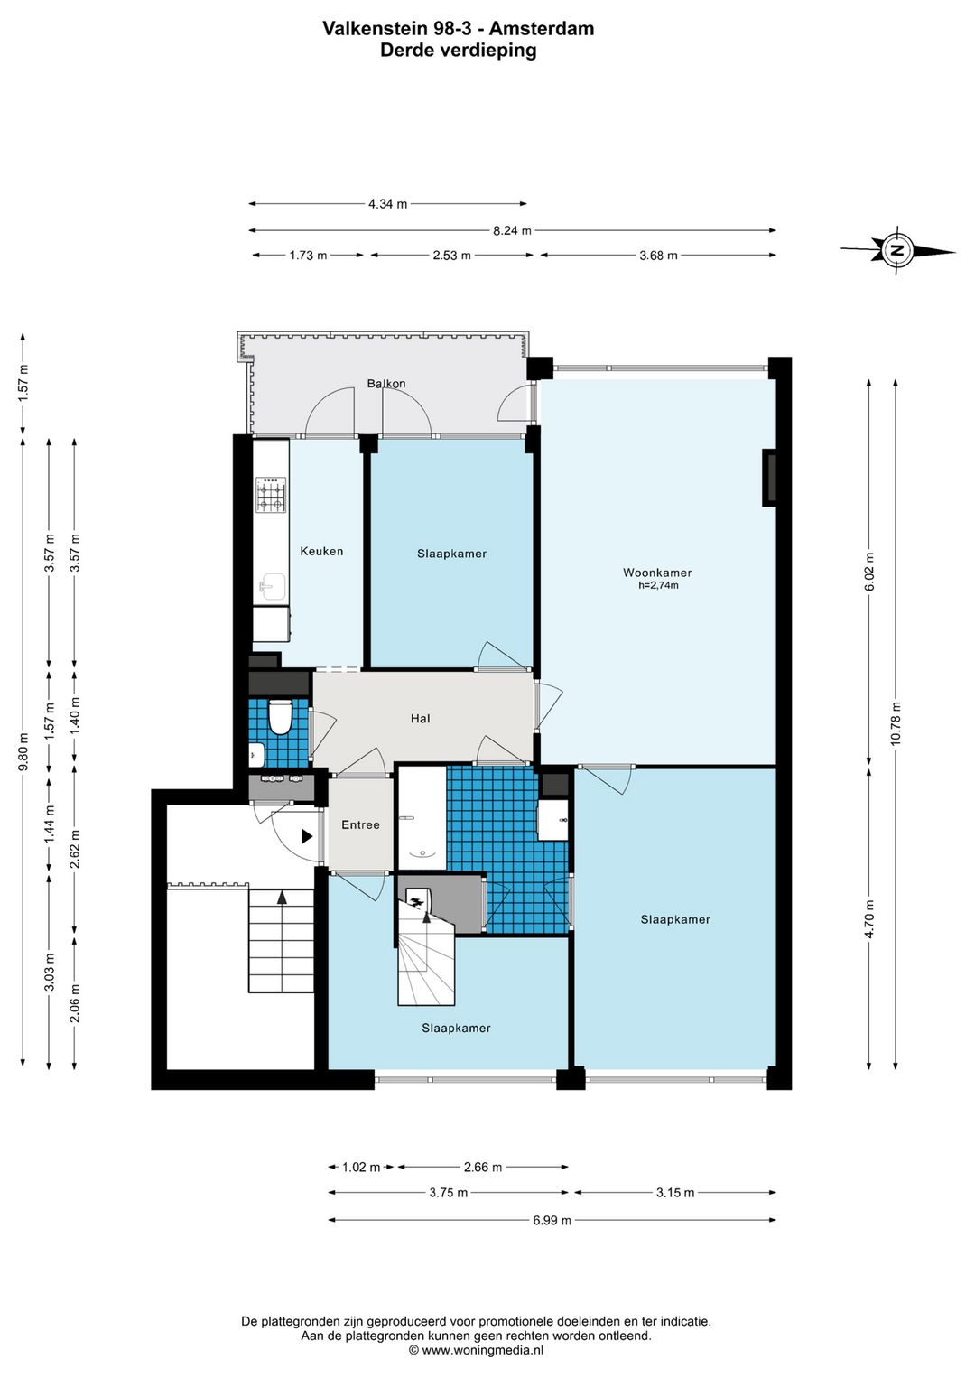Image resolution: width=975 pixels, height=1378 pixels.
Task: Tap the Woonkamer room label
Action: (657, 573)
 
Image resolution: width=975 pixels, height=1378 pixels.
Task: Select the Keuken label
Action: (321, 551)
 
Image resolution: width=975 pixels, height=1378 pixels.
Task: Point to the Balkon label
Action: (386, 383)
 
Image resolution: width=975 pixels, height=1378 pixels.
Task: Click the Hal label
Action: (420, 718)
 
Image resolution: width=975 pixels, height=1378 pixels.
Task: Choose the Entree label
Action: (360, 824)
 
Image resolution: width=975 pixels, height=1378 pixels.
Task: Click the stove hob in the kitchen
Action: (271, 495)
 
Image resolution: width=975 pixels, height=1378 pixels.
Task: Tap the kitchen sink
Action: (271, 587)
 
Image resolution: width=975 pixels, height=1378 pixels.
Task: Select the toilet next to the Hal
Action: (280, 717)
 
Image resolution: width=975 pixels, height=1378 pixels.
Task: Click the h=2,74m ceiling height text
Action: (658, 586)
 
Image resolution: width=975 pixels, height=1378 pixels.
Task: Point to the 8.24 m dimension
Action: (512, 231)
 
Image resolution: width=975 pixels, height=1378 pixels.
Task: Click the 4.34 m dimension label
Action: (387, 203)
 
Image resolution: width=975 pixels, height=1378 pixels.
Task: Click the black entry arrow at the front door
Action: (306, 836)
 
